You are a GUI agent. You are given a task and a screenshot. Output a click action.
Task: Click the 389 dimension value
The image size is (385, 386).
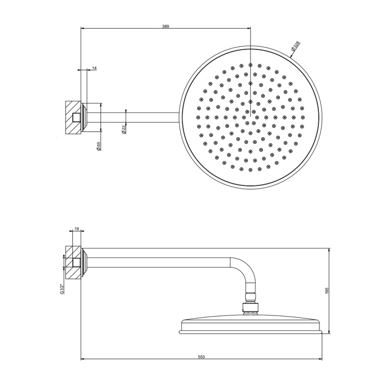click(x=166, y=26)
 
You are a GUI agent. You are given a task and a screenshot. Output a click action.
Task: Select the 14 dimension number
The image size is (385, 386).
click(x=95, y=68)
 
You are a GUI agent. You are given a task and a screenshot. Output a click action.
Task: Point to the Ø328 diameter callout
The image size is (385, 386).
click(x=295, y=47)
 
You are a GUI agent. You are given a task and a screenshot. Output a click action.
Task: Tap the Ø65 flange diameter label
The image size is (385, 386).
click(x=99, y=147)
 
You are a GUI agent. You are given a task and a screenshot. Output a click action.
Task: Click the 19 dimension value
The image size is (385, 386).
click(x=77, y=228)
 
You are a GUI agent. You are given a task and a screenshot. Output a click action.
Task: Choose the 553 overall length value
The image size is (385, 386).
click(x=202, y=357)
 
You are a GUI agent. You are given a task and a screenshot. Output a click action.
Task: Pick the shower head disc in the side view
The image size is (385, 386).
click(x=251, y=325)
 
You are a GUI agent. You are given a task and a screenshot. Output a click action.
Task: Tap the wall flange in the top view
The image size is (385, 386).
click(x=85, y=116)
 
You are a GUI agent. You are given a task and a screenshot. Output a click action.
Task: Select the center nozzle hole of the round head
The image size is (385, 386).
click(x=251, y=116)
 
